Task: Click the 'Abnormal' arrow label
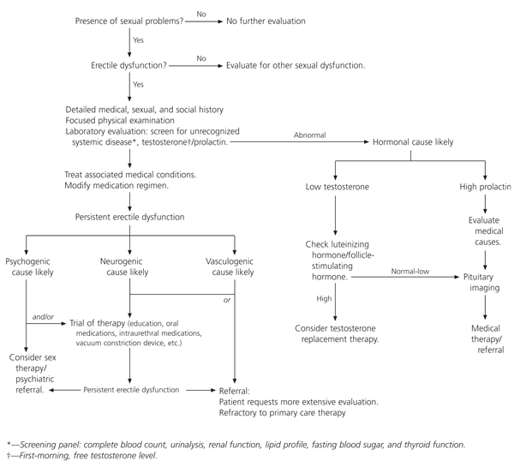(309, 135)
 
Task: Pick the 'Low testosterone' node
(338, 186)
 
